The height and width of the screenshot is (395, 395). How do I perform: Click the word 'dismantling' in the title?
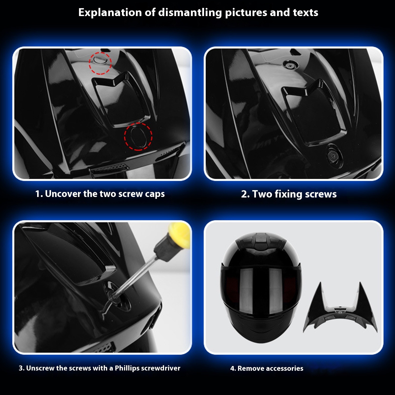[x=190, y=13]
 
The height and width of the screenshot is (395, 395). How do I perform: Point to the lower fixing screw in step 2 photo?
[x=333, y=156]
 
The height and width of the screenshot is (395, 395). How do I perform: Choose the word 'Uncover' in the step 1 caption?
[x=63, y=194]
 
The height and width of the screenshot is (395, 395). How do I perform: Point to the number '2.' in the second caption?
[x=245, y=194]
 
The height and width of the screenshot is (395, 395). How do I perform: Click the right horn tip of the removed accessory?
[x=360, y=283]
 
